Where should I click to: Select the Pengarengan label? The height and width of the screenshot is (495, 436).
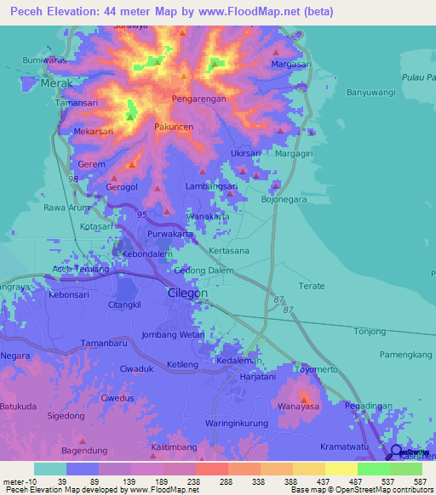[198, 99]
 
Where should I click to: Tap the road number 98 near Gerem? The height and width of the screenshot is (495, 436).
[73, 179]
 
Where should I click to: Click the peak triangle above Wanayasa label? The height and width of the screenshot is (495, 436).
[304, 396]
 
